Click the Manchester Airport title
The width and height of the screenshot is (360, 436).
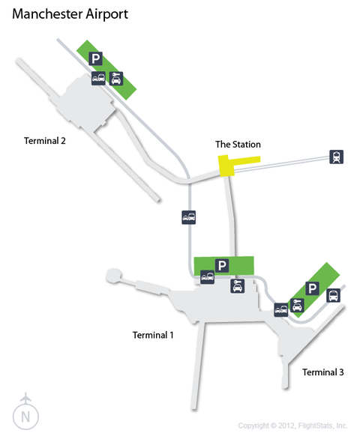(x=70, y=14)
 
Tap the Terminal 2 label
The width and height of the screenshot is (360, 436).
(x=45, y=141)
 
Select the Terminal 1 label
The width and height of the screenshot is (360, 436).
(x=153, y=335)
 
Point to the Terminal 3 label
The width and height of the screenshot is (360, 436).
(x=323, y=372)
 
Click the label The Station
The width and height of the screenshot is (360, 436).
(x=238, y=145)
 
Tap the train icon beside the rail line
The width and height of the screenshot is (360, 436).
(x=336, y=157)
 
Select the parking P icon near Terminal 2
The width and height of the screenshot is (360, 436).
(x=95, y=58)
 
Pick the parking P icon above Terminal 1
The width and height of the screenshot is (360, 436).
(x=222, y=265)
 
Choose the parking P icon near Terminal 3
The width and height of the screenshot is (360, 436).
(x=313, y=288)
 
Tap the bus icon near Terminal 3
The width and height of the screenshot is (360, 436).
(x=333, y=295)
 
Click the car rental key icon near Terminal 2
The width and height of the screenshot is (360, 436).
(x=116, y=79)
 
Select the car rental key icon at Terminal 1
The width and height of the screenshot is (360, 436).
(x=238, y=286)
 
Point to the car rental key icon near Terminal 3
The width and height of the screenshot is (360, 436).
(x=297, y=306)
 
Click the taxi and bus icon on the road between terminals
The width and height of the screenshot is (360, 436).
(x=189, y=217)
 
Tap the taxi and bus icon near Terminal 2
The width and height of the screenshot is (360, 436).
(x=98, y=78)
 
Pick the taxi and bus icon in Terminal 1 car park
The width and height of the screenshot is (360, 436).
(x=208, y=277)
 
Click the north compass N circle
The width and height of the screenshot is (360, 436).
(x=25, y=417)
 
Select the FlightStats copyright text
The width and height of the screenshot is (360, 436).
(x=292, y=426)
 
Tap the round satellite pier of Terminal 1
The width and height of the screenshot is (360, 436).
(x=113, y=276)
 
